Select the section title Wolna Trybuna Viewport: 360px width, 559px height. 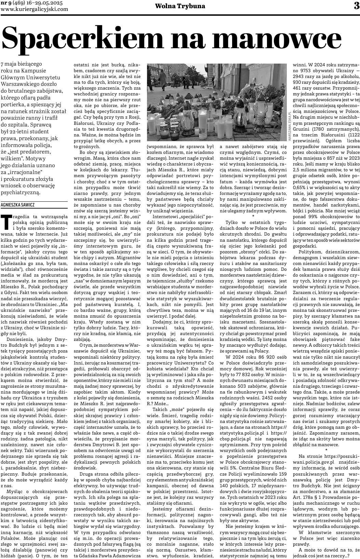180,6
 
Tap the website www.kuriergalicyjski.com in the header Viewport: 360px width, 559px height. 35,9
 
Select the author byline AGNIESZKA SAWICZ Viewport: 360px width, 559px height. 18,205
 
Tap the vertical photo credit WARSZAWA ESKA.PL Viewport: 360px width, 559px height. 290,125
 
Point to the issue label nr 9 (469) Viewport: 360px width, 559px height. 14,3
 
